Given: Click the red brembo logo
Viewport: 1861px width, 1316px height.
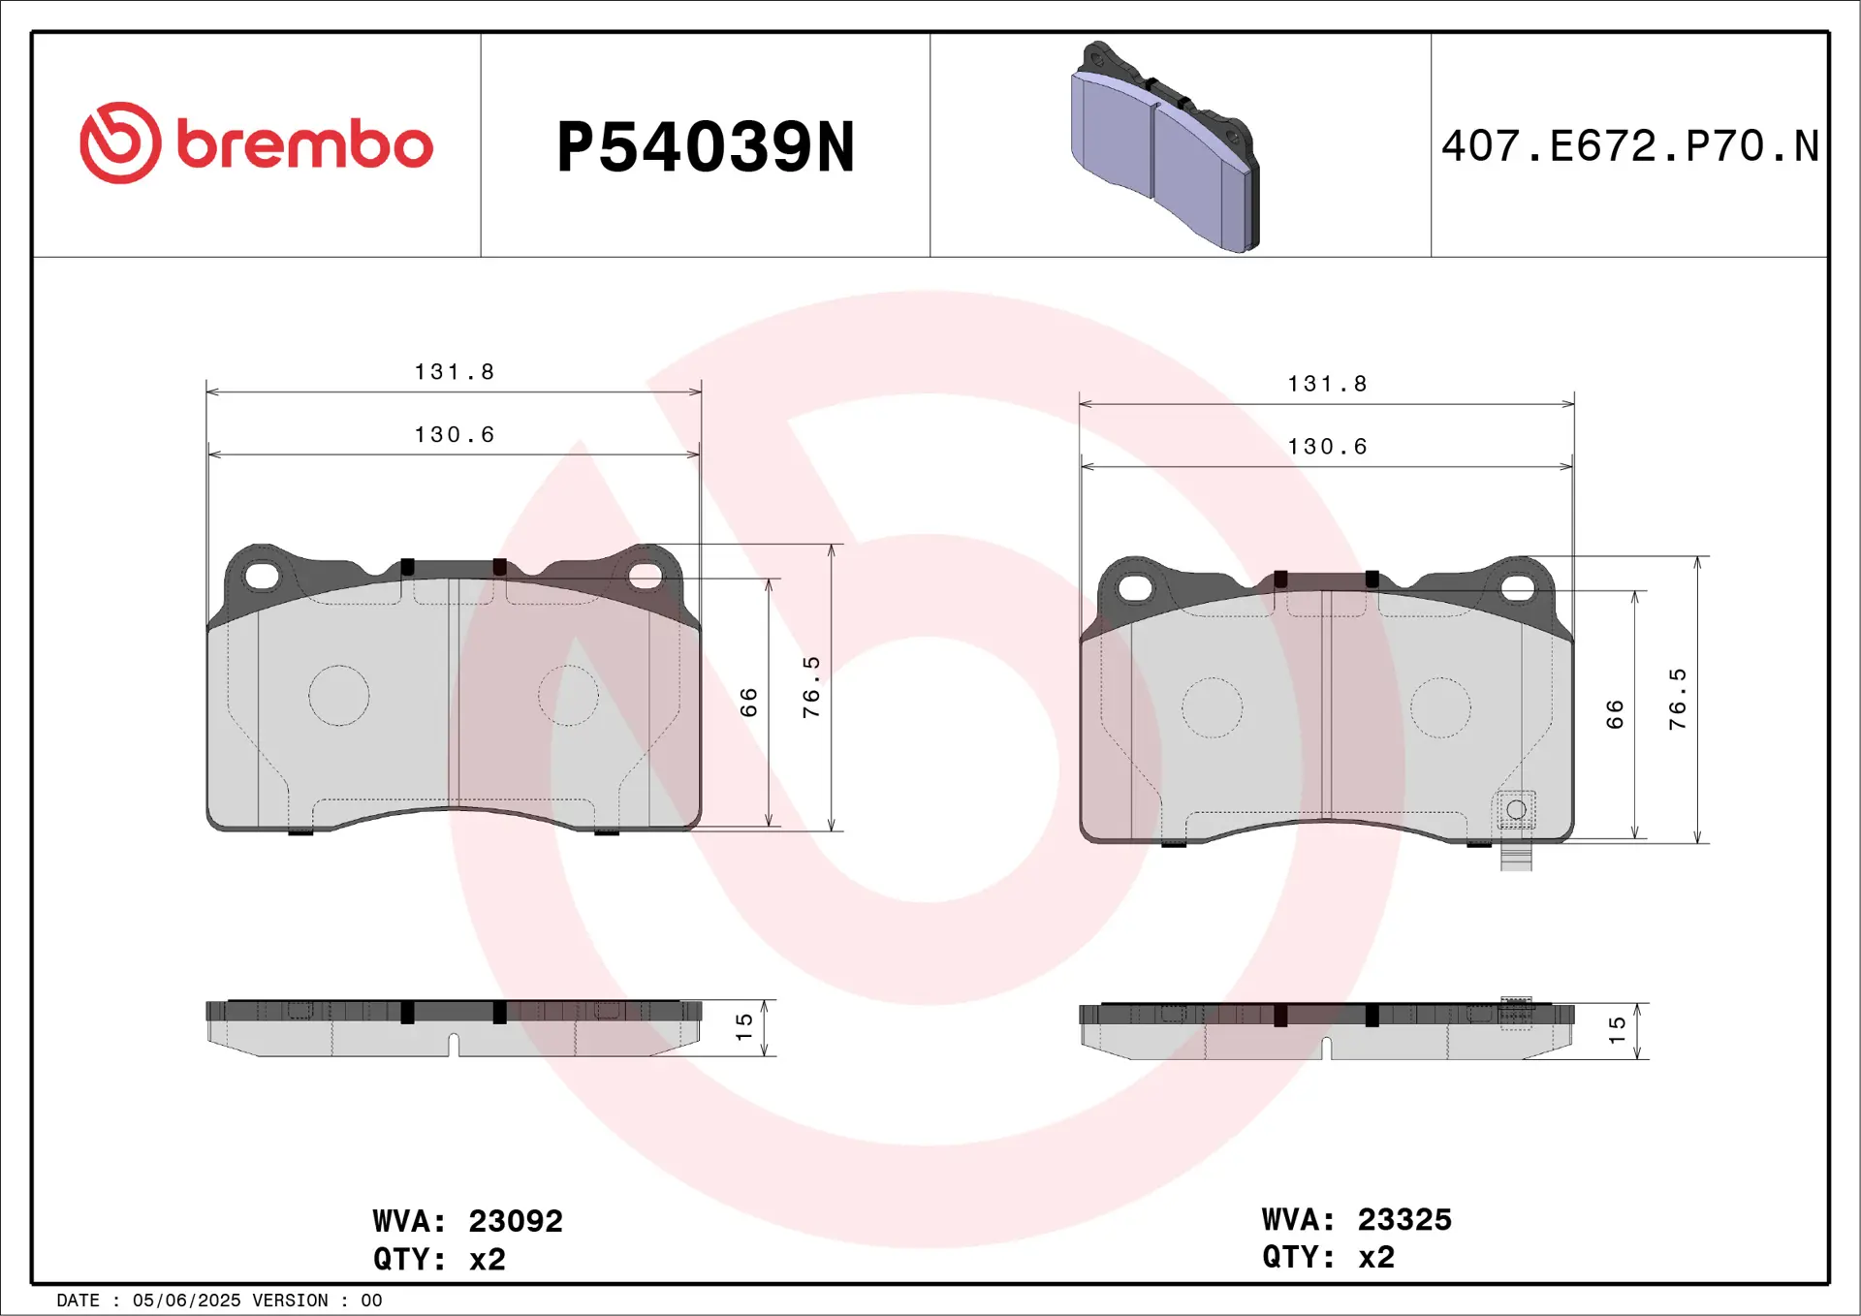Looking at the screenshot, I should coord(256,143).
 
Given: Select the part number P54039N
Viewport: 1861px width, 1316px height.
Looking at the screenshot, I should coord(705,147).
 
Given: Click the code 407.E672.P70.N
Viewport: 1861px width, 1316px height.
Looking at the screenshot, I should coord(1629,146).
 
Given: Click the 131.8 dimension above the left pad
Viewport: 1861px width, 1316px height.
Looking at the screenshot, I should coord(454,372).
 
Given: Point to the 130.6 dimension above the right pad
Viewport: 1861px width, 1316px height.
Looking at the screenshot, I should coord(1327,447).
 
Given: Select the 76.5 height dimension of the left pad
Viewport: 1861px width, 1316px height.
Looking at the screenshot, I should coord(811,686).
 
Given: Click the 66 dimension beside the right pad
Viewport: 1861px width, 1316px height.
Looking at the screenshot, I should coord(1614,714).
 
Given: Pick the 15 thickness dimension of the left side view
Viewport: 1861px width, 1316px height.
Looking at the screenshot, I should coord(743,1027).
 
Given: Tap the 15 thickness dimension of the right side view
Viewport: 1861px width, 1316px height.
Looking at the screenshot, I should coord(1617,1030).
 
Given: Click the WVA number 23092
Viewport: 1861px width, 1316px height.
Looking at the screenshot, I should coord(515,1221).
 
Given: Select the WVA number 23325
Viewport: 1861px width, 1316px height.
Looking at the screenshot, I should coord(1404,1219).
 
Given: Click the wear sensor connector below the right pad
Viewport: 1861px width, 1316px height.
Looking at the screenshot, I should coord(1516,858).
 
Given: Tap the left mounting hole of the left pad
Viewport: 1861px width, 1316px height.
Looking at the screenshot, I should coord(262,577).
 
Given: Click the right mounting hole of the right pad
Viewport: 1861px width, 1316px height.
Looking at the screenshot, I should coord(1518,588).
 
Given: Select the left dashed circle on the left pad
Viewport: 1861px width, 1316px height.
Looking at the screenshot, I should coord(339,696).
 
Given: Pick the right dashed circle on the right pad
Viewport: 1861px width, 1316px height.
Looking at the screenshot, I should coord(1440,707).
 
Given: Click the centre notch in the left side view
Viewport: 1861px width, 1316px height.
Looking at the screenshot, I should coord(453,1045).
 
